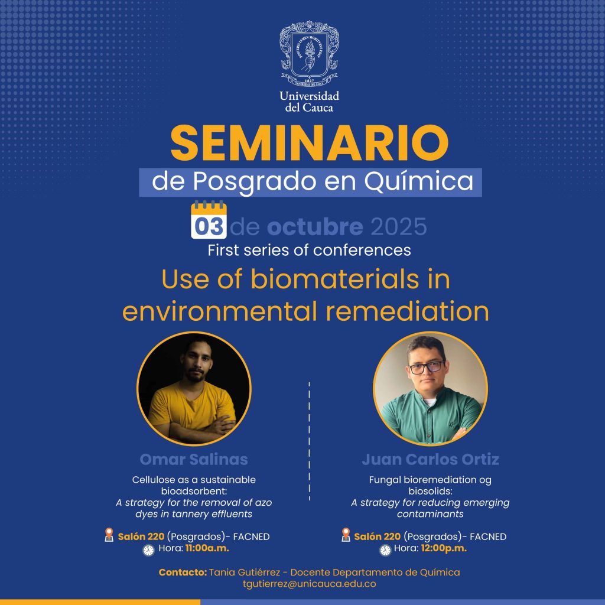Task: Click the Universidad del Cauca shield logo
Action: (x=309, y=54)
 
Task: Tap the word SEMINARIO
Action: (x=310, y=143)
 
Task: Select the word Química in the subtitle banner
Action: (x=419, y=181)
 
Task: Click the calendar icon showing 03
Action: (x=209, y=220)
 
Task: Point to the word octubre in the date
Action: (x=315, y=226)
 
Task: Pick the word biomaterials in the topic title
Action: (x=334, y=279)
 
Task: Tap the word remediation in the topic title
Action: (x=408, y=312)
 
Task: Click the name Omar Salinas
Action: (x=194, y=460)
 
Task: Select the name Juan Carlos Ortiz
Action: (x=430, y=460)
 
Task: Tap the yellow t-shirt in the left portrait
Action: (x=192, y=408)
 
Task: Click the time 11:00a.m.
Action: (x=207, y=548)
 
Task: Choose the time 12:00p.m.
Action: (x=444, y=548)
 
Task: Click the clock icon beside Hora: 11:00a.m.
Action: (x=148, y=550)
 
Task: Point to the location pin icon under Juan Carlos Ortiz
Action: (x=346, y=535)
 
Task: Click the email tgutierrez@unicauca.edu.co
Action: (x=310, y=584)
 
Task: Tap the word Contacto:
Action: (x=183, y=572)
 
